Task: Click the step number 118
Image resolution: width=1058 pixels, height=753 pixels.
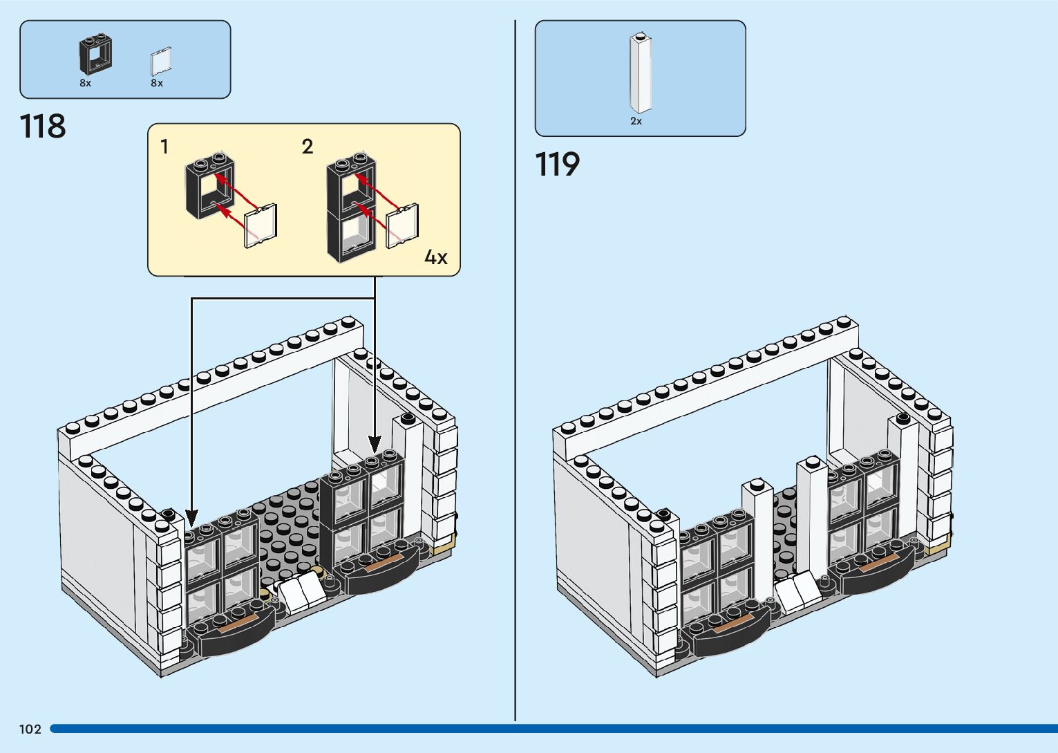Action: click(43, 127)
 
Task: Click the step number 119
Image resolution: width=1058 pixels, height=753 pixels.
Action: click(557, 165)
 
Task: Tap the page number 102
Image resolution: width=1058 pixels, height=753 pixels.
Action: click(30, 729)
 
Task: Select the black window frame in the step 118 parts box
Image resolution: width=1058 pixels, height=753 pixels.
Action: click(95, 55)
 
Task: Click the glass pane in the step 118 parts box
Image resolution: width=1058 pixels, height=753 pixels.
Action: click(160, 61)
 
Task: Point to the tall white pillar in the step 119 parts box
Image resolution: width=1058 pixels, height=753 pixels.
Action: click(641, 73)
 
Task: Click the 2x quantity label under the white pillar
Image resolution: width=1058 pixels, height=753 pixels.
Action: click(636, 121)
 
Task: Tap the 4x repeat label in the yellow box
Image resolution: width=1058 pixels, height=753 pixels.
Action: click(435, 258)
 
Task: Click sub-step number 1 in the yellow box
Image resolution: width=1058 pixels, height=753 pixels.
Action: click(164, 147)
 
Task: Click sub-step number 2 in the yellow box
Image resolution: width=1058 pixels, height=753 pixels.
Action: click(308, 147)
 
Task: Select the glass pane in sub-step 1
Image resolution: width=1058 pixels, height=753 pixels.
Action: click(261, 225)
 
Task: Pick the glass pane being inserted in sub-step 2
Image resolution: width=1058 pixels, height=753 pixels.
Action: click(402, 225)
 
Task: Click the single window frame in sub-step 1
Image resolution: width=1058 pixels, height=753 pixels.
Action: click(209, 186)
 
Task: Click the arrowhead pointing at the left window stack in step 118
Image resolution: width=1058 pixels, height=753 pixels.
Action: click(191, 517)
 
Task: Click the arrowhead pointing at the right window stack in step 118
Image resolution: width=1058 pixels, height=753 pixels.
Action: click(375, 443)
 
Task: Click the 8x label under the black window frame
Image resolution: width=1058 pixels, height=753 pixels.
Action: click(85, 83)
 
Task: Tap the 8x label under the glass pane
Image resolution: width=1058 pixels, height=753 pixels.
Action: click(157, 83)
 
